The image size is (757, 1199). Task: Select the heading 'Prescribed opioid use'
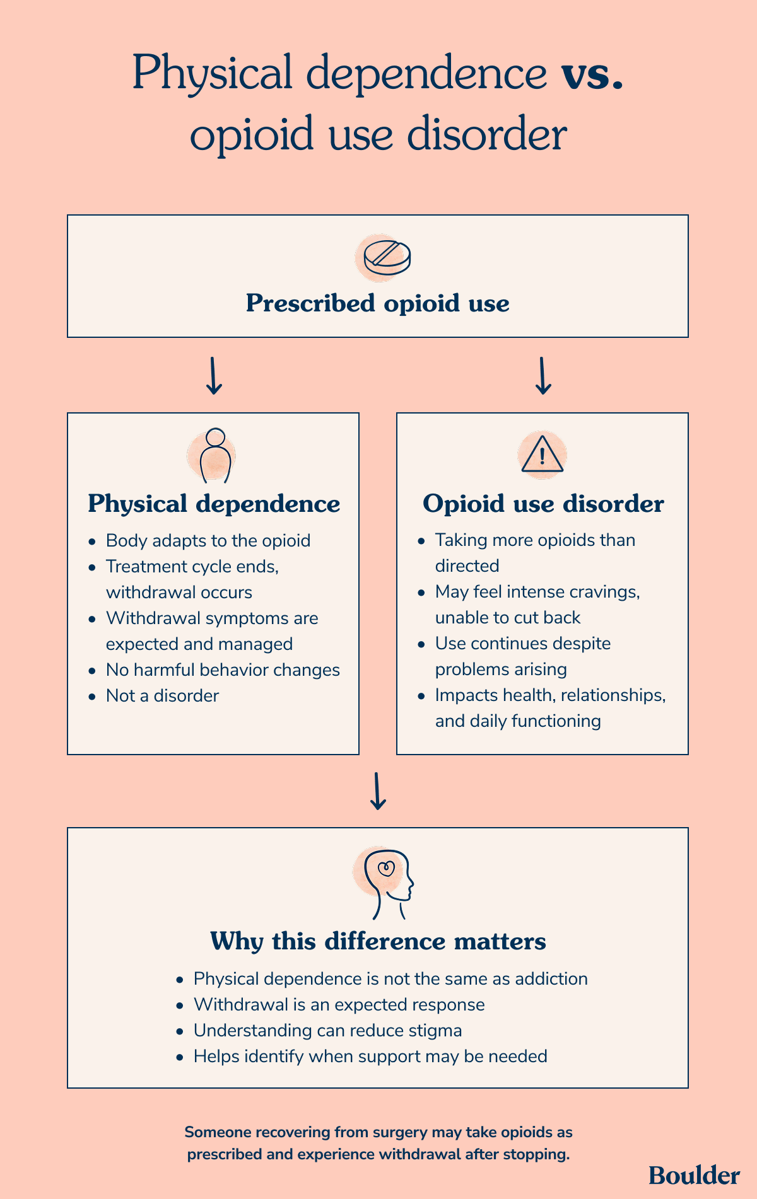(377, 303)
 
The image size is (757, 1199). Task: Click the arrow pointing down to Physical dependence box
(214, 376)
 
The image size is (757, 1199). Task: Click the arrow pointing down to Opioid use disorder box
(543, 376)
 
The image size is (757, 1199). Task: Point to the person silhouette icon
(215, 456)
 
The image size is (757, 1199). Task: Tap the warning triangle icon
(542, 454)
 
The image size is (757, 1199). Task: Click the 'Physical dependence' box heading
(214, 504)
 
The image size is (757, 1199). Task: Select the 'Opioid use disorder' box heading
(543, 504)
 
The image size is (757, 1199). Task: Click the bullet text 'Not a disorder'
(162, 696)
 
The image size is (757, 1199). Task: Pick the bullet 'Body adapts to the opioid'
(208, 541)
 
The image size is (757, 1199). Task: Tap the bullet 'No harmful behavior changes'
(223, 670)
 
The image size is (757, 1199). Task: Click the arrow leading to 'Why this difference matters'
(378, 791)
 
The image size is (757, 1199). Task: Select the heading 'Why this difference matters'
(378, 941)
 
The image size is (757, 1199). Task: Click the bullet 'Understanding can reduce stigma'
(328, 1031)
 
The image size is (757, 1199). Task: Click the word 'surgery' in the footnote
(400, 1132)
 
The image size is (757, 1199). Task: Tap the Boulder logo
(694, 1175)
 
